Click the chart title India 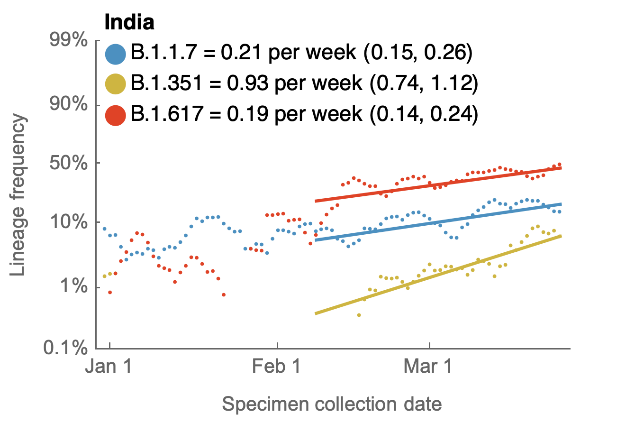click(x=129, y=22)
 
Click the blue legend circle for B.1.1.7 click(x=116, y=54)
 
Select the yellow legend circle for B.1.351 click(x=116, y=84)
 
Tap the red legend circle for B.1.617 click(x=116, y=115)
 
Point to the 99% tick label click(x=69, y=40)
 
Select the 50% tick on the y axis click(x=69, y=163)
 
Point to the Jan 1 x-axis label click(x=109, y=368)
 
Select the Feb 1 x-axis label click(x=277, y=368)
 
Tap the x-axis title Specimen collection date click(x=332, y=405)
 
